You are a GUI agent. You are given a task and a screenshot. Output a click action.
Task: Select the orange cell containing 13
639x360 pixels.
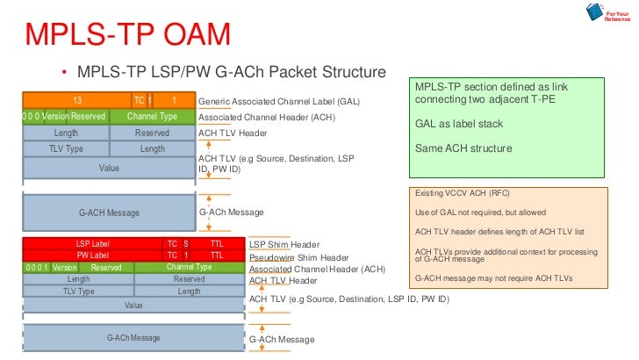point(77,100)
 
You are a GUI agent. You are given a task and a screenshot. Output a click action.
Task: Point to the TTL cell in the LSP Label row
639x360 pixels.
point(216,243)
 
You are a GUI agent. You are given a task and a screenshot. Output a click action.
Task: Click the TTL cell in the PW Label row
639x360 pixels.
point(216,255)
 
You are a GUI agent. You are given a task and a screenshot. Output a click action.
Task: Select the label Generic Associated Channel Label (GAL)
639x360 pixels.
point(279,102)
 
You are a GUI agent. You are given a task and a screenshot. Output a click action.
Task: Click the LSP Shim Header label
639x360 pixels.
point(284,244)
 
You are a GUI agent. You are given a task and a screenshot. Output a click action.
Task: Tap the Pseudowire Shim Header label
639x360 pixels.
point(298,257)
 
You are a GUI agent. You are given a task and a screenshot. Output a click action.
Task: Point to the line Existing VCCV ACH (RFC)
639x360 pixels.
point(462,192)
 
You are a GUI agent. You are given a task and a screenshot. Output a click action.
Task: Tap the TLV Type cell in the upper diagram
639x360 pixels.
point(66,148)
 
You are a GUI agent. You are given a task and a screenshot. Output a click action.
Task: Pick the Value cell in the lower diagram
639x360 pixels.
point(133,305)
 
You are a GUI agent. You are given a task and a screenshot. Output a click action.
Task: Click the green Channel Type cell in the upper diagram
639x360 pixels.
point(152,116)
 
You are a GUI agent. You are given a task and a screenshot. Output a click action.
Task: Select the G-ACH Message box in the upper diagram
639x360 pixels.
point(109,212)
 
